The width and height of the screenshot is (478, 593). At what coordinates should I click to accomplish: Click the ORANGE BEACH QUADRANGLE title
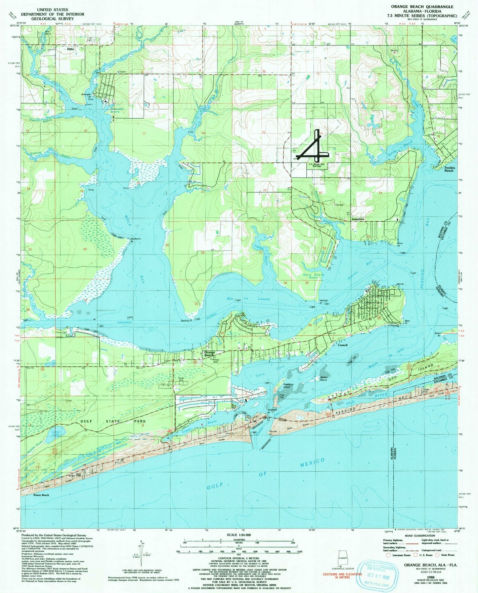point(422,7)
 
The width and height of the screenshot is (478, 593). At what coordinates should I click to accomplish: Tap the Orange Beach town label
point(209,354)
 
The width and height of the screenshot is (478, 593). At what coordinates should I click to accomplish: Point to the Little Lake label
point(56,433)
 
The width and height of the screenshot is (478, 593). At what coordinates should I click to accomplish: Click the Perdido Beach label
point(449,169)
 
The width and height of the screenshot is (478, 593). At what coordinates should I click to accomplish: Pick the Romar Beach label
point(41,495)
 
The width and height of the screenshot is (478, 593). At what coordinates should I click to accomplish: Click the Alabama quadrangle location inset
point(343,559)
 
